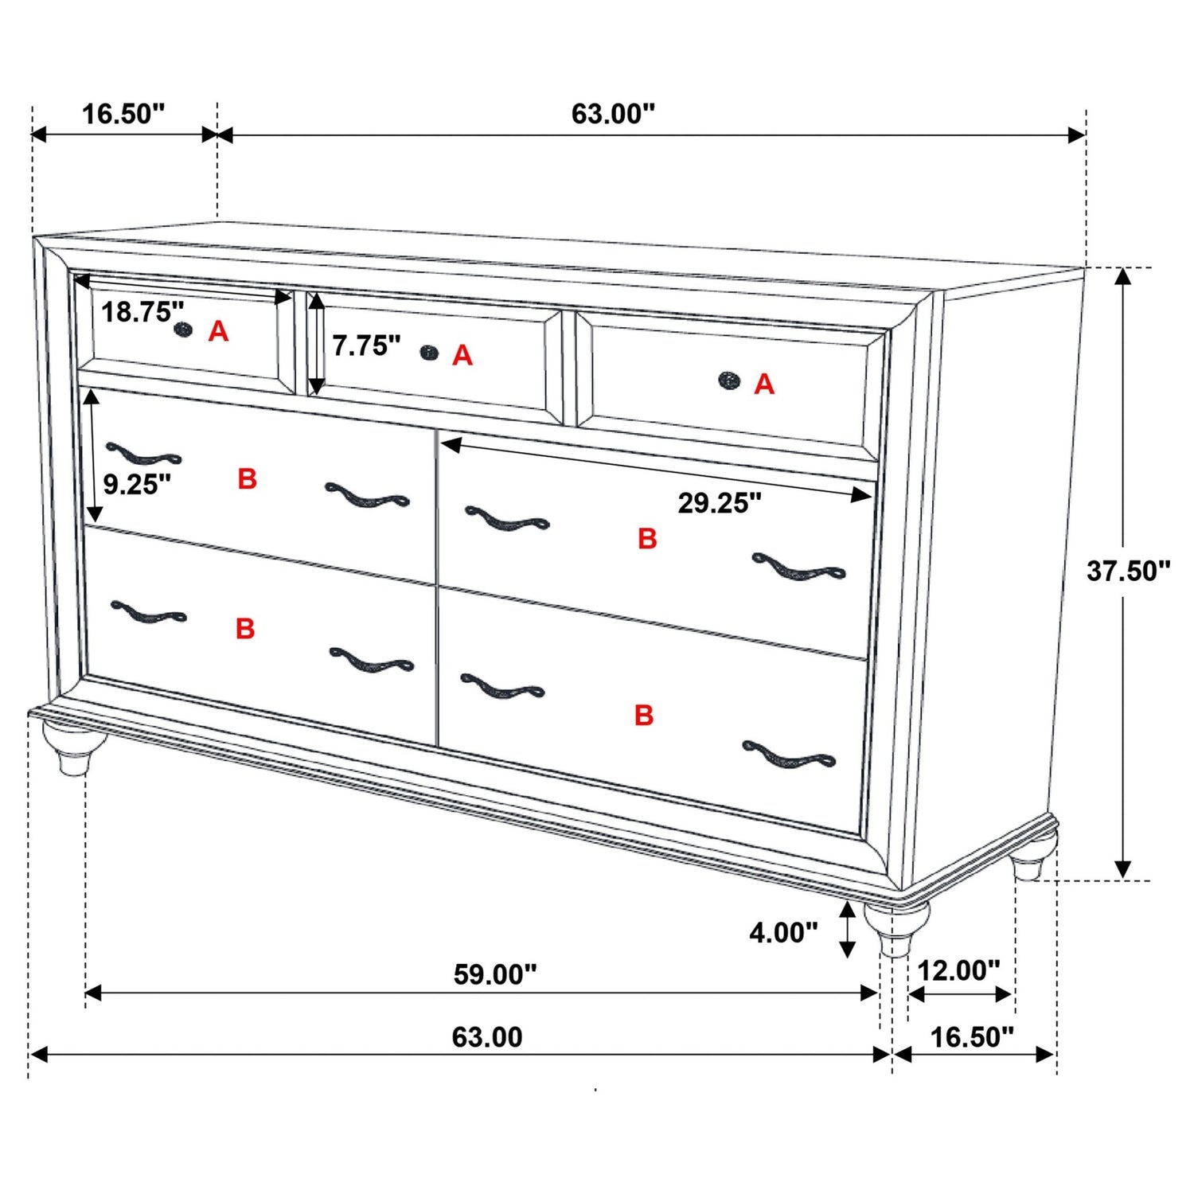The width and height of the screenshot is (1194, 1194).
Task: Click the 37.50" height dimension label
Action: (1128, 571)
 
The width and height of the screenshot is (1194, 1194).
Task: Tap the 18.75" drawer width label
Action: (142, 312)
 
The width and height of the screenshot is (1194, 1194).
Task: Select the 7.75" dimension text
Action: (365, 345)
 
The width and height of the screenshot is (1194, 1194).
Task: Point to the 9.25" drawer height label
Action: (137, 484)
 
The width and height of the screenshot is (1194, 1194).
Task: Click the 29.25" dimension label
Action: (719, 503)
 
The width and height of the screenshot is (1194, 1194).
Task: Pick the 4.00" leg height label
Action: (783, 932)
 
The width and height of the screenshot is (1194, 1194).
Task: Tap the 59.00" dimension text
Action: (494, 974)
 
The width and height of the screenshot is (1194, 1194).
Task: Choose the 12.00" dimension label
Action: (958, 970)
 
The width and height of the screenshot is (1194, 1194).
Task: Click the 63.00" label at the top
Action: (612, 114)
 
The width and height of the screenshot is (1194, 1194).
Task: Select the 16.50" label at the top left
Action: (123, 114)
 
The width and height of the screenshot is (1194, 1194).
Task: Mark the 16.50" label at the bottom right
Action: (972, 1037)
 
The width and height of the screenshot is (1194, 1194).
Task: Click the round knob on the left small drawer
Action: (183, 329)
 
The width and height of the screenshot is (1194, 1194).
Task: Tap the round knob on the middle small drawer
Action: (429, 353)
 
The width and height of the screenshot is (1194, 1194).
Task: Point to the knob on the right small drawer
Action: (728, 380)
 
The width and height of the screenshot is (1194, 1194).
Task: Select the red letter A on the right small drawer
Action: (764, 384)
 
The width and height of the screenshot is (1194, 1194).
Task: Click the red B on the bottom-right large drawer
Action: (643, 715)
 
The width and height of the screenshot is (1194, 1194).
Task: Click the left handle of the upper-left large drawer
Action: (143, 455)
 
